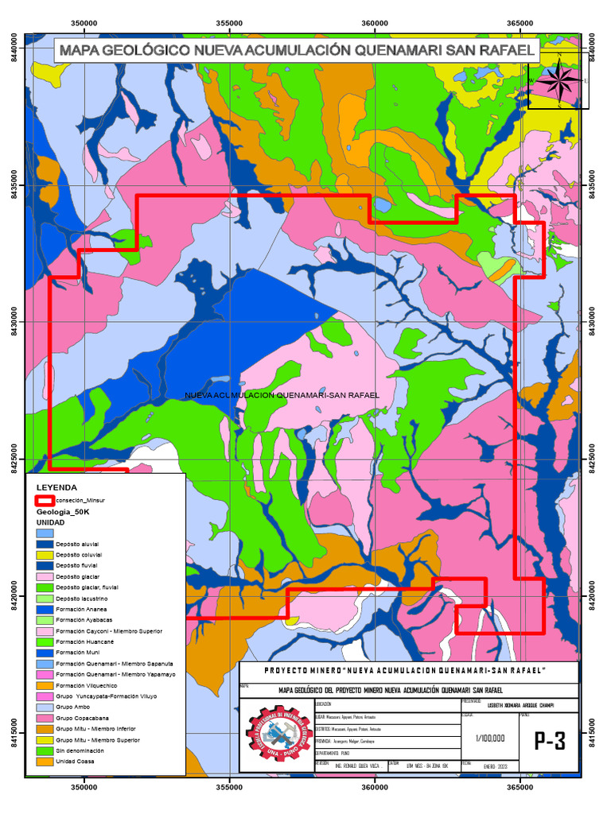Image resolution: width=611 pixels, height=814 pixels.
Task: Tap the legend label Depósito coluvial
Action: click(79, 554)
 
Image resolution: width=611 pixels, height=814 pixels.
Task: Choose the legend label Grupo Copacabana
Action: click(81, 717)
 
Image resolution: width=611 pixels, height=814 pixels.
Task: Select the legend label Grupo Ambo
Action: click(71, 706)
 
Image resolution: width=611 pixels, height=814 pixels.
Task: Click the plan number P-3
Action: click(550, 741)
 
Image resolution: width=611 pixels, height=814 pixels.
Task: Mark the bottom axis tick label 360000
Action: click(375, 788)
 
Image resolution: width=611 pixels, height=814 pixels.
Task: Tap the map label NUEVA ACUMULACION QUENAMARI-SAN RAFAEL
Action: click(282, 394)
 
